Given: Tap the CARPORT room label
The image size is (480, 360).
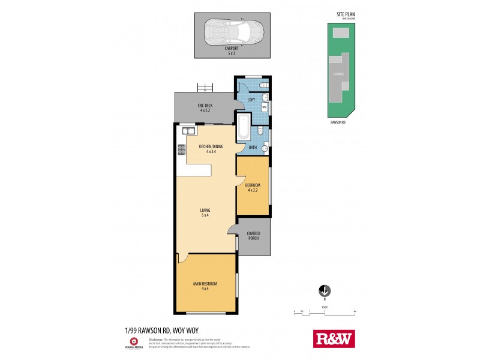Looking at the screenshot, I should (231, 50).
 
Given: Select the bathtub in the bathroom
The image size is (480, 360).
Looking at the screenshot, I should (242, 127).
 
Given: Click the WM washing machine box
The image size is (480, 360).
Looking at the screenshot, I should (263, 107).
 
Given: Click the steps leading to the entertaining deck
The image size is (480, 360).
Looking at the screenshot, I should (205, 88).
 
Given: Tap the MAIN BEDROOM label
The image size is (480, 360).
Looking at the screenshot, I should (205, 284).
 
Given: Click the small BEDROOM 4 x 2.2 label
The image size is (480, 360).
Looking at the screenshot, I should (252, 187).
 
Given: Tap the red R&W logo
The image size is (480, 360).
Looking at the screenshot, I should (334, 339).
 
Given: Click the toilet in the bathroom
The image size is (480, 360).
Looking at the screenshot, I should (259, 131).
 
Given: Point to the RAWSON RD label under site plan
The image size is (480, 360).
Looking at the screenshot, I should (338, 122).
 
